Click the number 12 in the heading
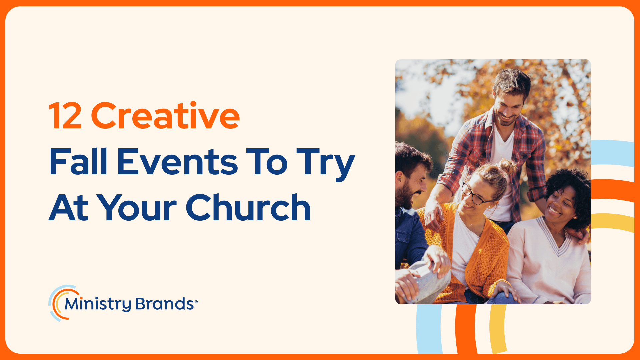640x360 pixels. click(65, 116)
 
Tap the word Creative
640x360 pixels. click(165, 115)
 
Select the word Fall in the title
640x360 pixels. click(79, 161)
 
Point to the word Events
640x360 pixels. click(177, 162)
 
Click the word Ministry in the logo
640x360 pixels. click(98, 304)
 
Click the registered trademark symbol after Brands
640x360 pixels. click(196, 302)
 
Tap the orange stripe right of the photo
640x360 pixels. click(613, 190)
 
